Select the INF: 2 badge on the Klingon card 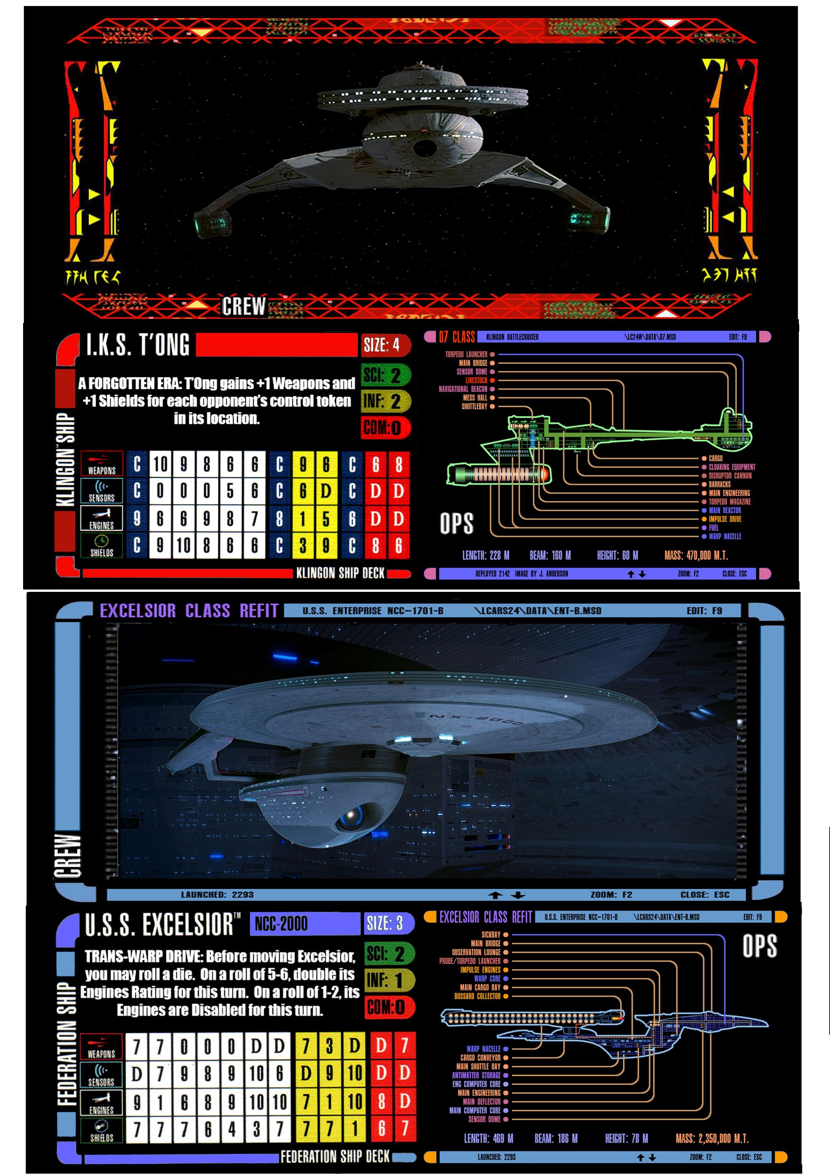point(385,402)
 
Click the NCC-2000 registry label point(281,924)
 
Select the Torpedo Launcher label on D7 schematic point(466,354)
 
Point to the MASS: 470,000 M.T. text point(695,556)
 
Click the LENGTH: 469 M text point(488,1139)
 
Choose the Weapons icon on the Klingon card point(102,463)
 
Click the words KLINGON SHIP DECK point(340,573)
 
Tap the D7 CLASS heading point(457,337)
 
